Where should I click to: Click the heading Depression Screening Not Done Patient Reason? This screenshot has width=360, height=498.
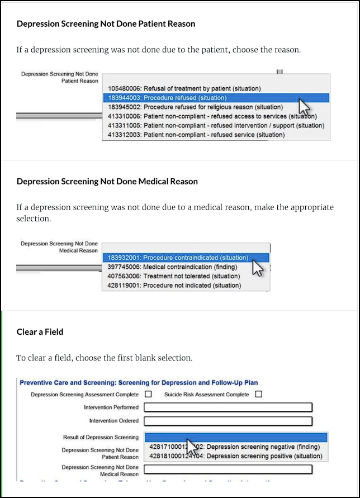click(x=106, y=24)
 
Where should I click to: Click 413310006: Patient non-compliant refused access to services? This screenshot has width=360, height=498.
click(x=212, y=116)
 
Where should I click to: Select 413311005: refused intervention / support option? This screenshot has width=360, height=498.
click(x=216, y=126)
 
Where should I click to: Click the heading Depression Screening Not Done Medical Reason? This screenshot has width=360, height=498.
click(x=107, y=182)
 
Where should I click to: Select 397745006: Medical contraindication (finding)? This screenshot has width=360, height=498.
click(x=172, y=267)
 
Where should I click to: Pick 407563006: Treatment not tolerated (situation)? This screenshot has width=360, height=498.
click(x=174, y=276)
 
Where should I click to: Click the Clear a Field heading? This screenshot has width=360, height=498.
click(x=40, y=332)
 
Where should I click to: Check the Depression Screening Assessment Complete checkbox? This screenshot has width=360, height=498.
click(x=148, y=394)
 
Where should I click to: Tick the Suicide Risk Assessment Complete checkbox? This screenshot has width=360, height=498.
click(x=258, y=394)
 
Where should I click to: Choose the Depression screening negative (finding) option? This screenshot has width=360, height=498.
click(x=235, y=447)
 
